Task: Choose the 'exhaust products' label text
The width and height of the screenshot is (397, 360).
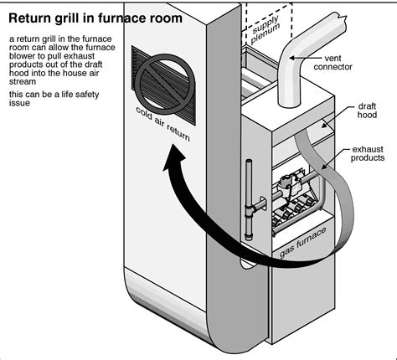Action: pos(368,152)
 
